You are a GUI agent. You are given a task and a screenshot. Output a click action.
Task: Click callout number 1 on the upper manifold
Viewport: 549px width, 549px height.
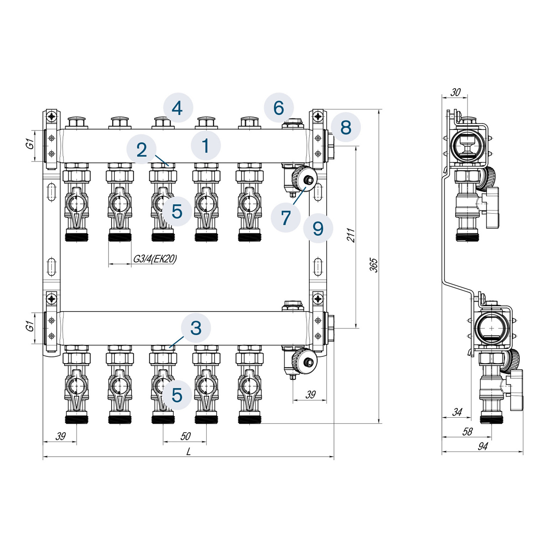[206, 145]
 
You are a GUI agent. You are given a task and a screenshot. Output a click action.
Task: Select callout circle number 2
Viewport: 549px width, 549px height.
[141, 149]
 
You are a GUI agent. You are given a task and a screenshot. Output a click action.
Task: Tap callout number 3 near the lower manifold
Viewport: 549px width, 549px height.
[196, 328]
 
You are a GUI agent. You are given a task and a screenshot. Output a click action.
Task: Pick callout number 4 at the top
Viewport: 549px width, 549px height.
[178, 108]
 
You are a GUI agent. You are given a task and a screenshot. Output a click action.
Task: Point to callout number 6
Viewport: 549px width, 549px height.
[279, 108]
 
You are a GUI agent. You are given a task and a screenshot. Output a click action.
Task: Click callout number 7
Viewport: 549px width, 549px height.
[286, 217]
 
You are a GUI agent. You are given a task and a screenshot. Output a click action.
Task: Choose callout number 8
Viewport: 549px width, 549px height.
[346, 127]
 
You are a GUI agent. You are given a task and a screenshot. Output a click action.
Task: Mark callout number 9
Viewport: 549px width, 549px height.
[318, 228]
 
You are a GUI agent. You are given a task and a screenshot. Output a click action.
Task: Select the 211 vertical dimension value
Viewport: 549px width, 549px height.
[351, 235]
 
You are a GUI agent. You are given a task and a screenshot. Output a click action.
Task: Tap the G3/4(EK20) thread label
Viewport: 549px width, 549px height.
[155, 258]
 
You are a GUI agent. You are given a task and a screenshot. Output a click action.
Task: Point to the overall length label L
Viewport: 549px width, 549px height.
[188, 452]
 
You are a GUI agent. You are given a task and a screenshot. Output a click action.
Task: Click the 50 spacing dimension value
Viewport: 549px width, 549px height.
[185, 436]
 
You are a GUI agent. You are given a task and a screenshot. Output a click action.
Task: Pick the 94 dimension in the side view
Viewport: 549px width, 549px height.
[483, 447]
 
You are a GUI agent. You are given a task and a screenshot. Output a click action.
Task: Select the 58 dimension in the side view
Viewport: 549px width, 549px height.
[467, 431]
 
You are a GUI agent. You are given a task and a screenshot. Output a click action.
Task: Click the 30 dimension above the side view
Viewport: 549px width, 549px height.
[455, 92]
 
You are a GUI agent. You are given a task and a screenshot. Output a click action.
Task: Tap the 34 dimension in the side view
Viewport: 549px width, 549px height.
[457, 412]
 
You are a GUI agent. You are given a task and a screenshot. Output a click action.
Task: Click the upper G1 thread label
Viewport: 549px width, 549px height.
[30, 145]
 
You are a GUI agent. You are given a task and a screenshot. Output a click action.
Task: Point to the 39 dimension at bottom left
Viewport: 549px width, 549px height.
[60, 436]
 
